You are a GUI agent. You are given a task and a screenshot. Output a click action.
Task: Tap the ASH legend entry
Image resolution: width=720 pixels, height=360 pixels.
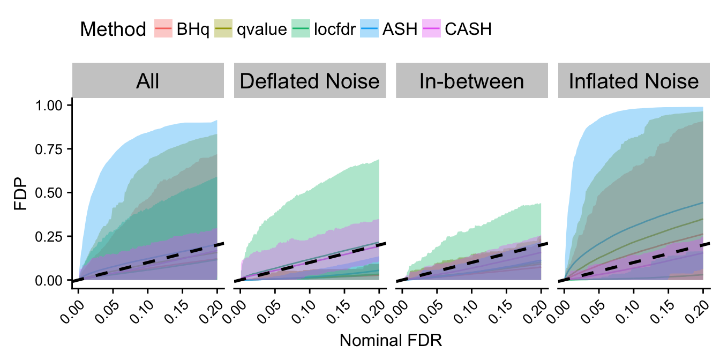tap(392, 29)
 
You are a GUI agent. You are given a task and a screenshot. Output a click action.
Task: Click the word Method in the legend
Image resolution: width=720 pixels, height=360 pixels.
tap(112, 29)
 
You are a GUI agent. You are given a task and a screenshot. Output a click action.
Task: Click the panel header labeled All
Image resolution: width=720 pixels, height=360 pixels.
tap(147, 81)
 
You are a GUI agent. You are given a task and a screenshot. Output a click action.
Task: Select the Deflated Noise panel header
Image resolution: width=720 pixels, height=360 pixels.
tap(310, 81)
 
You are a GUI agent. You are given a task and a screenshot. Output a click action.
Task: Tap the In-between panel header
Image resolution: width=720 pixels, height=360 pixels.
tap(471, 81)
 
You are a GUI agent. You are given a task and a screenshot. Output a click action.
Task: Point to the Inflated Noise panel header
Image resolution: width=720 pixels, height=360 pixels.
tap(634, 81)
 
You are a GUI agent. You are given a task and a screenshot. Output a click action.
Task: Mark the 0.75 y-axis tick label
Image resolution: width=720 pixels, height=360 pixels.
tap(52, 149)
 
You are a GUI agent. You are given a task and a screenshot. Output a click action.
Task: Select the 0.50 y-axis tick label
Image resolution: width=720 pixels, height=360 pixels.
tap(52, 192)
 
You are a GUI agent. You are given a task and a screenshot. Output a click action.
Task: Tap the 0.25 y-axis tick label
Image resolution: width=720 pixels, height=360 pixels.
tap(52, 236)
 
